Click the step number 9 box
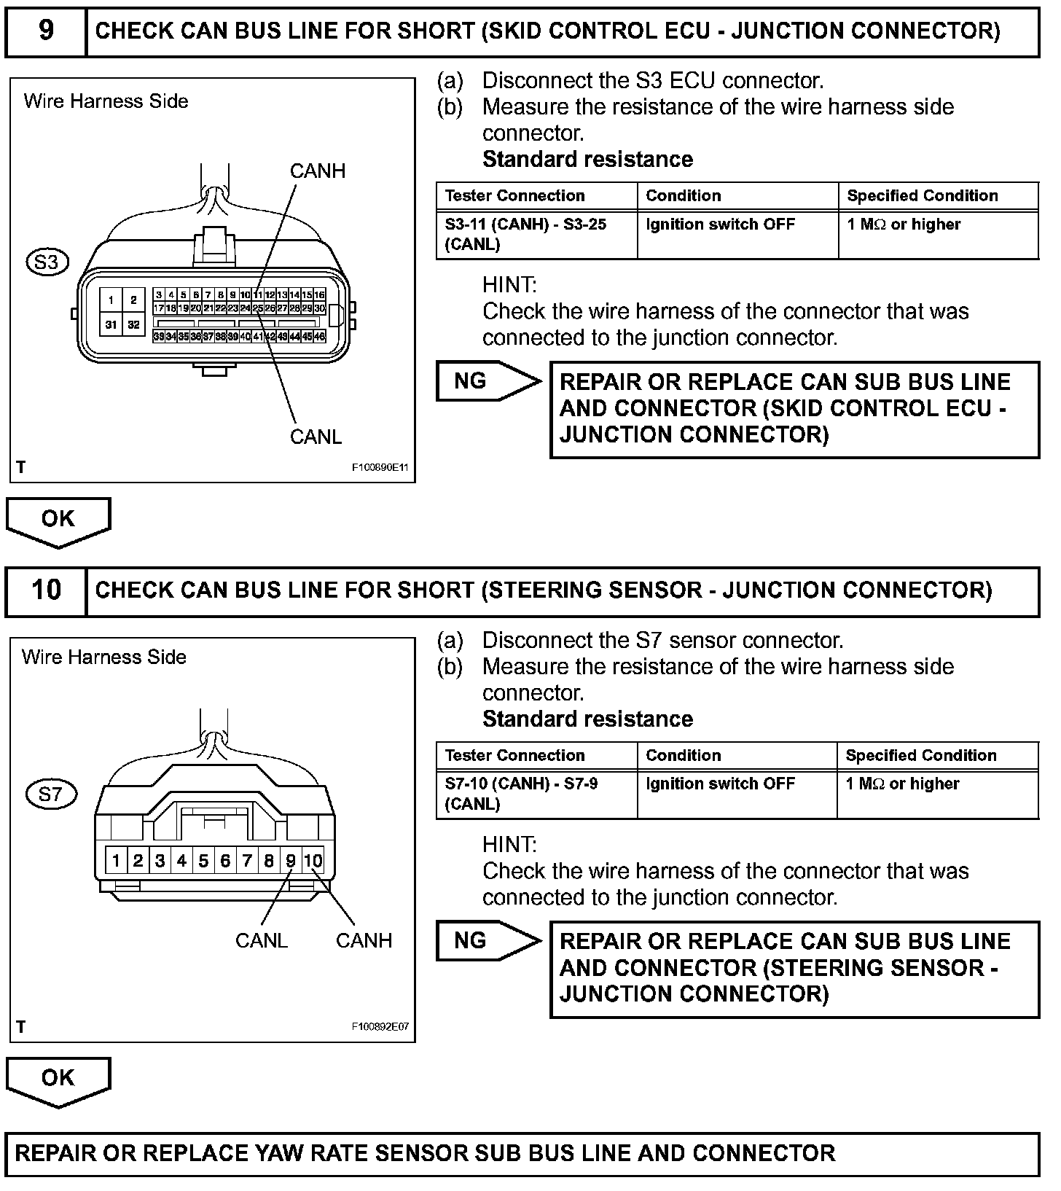tap(45, 31)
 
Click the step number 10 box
tap(45, 590)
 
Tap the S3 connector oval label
tap(47, 262)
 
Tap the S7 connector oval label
tap(50, 794)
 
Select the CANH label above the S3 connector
tap(317, 171)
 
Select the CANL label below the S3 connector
tap(316, 437)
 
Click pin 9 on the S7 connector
tap(291, 861)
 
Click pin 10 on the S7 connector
tap(313, 861)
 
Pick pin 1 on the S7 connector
tap(116, 861)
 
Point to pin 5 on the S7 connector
tap(203, 861)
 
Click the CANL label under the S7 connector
tap(261, 940)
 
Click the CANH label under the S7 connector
tap(364, 940)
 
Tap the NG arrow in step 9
tap(487, 381)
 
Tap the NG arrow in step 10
tap(487, 941)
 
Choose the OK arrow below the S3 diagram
tap(58, 520)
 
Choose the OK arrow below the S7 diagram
tap(58, 1079)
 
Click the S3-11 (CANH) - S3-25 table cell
tap(536, 235)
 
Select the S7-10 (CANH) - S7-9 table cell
tap(536, 794)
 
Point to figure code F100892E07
tap(380, 1026)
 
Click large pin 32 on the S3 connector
tap(133, 324)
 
